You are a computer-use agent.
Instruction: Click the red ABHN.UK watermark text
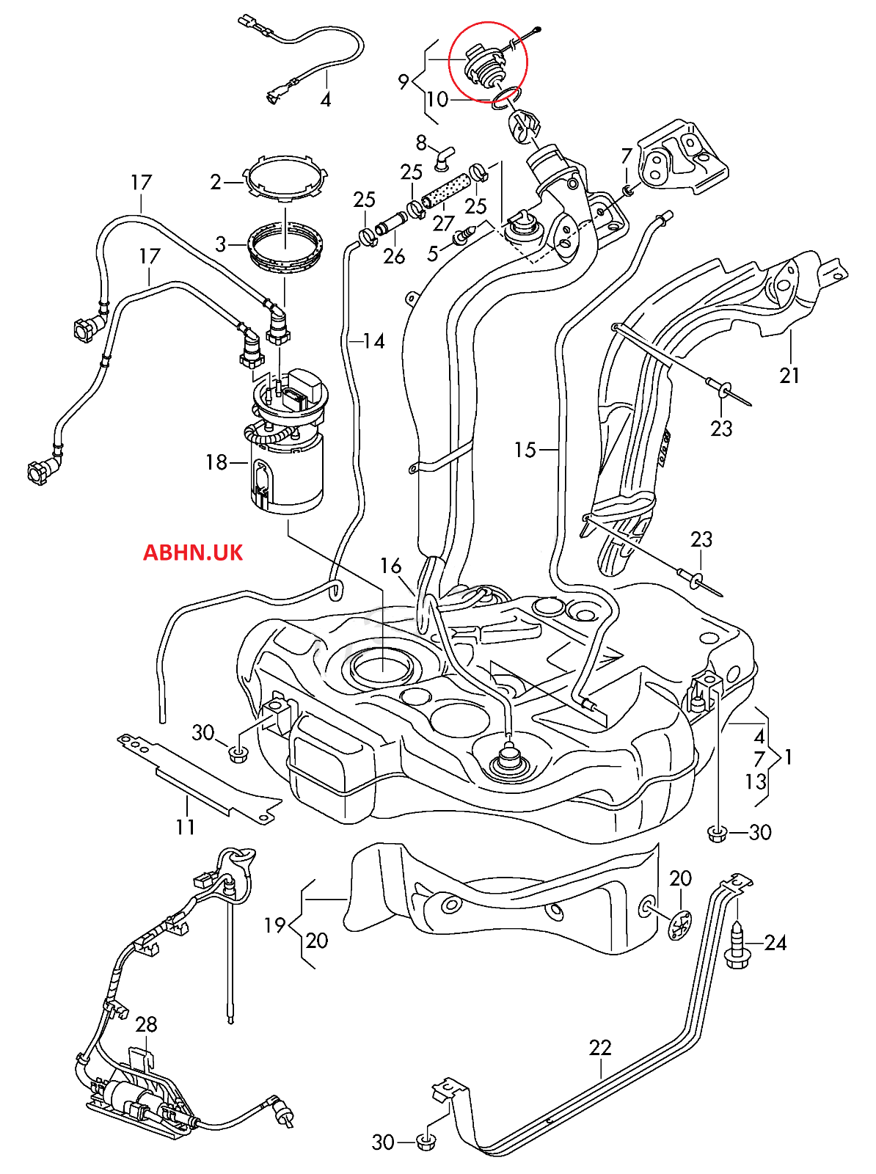[x=192, y=553]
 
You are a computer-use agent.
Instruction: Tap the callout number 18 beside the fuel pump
[x=216, y=462]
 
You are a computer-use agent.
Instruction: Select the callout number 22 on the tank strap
[x=600, y=1047]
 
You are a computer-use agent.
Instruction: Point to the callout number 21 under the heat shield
[x=789, y=376]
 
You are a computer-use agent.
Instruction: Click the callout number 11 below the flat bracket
[x=186, y=827]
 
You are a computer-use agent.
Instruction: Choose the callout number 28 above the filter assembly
[x=146, y=1024]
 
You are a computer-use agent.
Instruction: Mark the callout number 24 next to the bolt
[x=775, y=943]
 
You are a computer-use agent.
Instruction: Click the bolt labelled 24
[x=737, y=945]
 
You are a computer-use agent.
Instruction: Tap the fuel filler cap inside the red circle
[x=483, y=65]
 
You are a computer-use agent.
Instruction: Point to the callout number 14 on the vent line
[x=373, y=341]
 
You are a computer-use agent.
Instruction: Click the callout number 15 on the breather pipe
[x=525, y=450]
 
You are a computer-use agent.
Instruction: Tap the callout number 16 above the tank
[x=390, y=566]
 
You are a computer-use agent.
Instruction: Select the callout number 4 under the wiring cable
[x=326, y=100]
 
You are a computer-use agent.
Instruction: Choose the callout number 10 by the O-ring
[x=437, y=99]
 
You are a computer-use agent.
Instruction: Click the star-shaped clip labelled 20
[x=681, y=923]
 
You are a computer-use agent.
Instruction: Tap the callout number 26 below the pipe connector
[x=394, y=256]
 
